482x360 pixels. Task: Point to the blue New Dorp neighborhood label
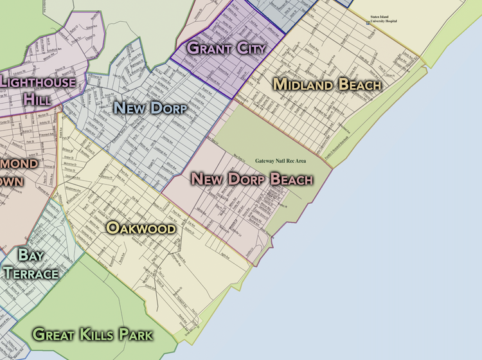click(150, 108)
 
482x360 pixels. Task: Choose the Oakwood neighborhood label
click(141, 228)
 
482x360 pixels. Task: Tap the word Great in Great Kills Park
click(55, 334)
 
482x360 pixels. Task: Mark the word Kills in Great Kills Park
click(100, 334)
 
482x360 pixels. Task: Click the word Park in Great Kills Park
click(137, 334)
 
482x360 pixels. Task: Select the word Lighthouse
click(42, 82)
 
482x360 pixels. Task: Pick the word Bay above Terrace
click(30, 255)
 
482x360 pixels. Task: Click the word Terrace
click(31, 273)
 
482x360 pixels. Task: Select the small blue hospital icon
click(368, 22)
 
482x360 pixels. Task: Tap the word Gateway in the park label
click(265, 160)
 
